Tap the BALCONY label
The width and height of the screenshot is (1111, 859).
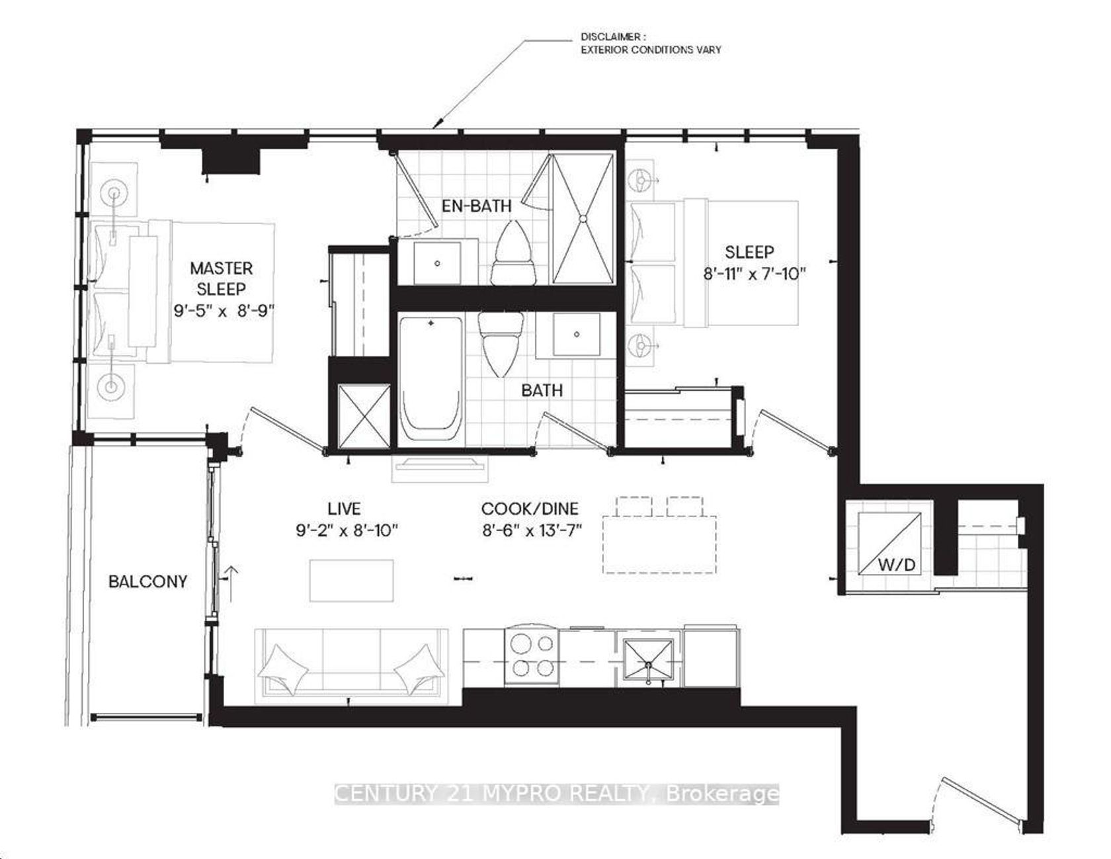(147, 581)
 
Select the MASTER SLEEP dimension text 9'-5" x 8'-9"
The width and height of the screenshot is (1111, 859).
(224, 310)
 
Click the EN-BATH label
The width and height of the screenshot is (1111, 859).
(477, 206)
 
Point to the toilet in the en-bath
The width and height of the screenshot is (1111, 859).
(512, 253)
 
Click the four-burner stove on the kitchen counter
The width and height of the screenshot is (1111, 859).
(532, 655)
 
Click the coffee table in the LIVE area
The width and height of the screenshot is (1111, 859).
(352, 581)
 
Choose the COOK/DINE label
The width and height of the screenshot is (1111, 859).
(530, 509)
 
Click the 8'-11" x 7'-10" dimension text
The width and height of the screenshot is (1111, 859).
(755, 272)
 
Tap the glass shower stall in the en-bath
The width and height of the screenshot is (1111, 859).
(584, 219)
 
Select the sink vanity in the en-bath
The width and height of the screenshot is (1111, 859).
(437, 263)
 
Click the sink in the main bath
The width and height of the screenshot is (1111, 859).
(577, 335)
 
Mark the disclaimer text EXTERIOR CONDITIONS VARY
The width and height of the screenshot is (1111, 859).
(651, 50)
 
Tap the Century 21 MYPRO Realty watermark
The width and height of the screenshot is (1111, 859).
(557, 793)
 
